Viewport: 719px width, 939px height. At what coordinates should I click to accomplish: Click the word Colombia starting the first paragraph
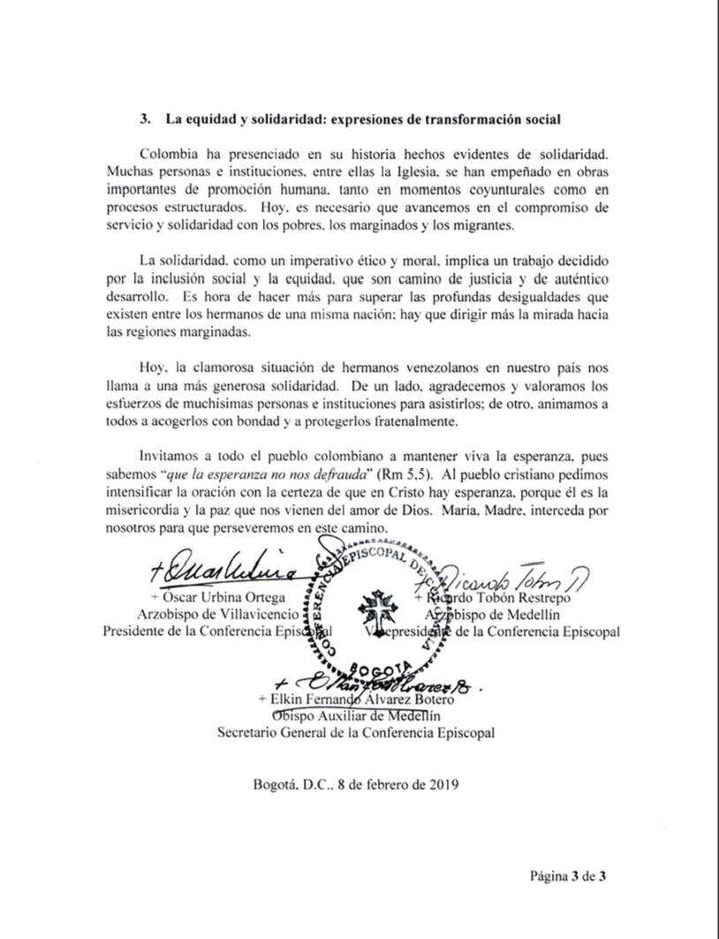pos(170,154)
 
